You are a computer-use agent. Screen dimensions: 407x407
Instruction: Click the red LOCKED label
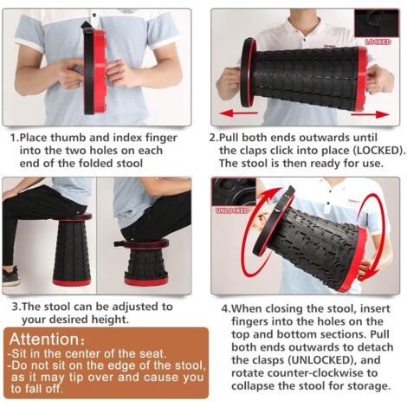pos(378,42)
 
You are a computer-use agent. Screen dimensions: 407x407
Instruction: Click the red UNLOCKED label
pos(232,210)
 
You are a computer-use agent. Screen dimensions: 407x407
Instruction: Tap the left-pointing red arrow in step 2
pos(239,113)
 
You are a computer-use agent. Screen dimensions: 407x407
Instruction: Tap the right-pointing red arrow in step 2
pos(370,114)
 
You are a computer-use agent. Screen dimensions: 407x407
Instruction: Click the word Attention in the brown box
pos(44,339)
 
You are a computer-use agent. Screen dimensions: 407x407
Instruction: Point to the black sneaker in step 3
pos(10,276)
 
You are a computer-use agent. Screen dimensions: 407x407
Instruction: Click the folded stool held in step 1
pos(95,69)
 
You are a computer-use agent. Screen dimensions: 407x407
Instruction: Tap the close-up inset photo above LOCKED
pos(377,23)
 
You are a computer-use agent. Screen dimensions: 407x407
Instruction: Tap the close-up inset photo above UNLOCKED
pos(234,192)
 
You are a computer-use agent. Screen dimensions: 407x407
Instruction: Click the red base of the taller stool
pos(72,281)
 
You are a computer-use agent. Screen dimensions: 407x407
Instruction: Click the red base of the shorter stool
pos(146,280)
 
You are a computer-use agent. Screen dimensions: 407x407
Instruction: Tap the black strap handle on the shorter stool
pos(120,243)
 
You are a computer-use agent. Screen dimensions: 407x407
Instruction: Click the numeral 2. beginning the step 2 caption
pos(214,138)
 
